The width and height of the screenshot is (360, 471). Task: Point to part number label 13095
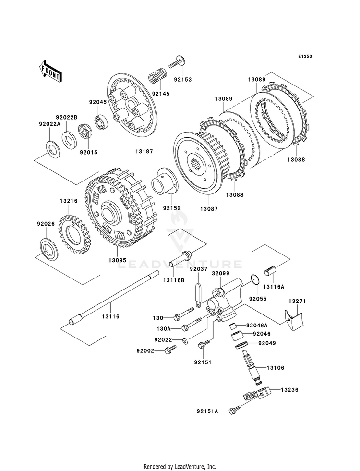pos(118,259)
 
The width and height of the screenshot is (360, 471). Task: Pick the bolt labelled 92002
pos(167,351)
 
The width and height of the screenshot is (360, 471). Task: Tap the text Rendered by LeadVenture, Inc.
pos(180,466)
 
